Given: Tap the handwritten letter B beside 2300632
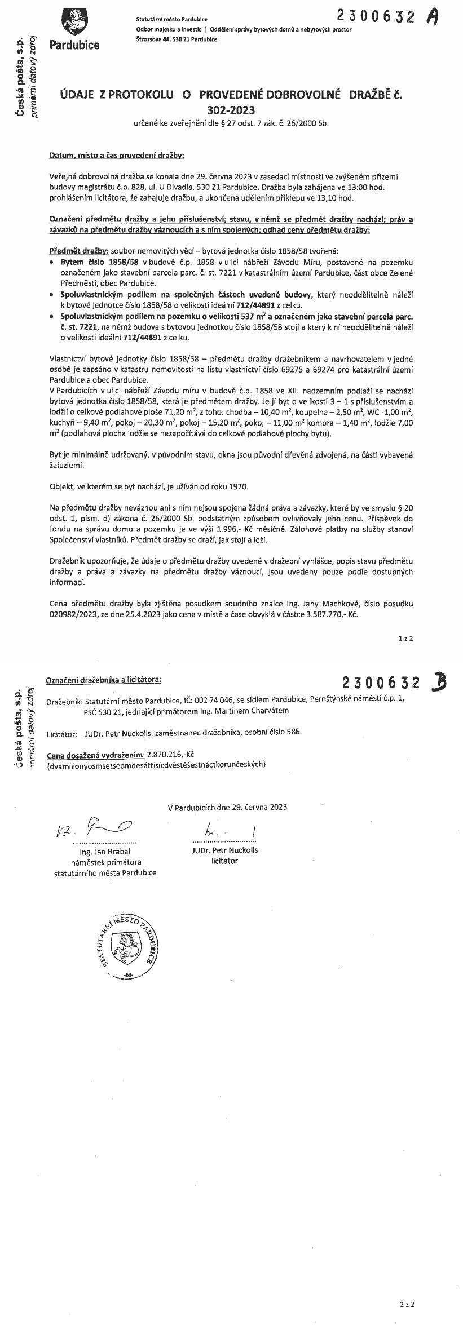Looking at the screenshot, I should tap(438, 683).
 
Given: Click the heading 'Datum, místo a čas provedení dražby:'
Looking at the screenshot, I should tap(117, 154).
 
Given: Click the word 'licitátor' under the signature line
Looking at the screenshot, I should tap(224, 861).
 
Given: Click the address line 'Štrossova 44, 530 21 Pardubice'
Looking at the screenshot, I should tap(177, 39).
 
